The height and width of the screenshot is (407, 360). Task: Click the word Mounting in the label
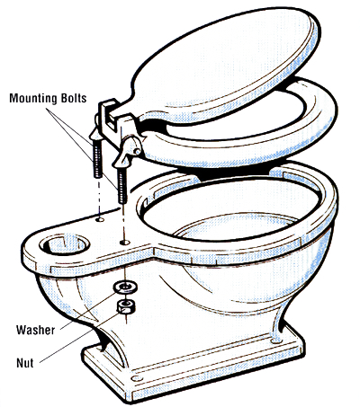click(32, 98)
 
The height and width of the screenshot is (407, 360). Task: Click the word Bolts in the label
click(73, 98)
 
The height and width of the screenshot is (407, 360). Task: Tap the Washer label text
click(36, 330)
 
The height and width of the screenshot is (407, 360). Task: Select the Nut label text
click(25, 363)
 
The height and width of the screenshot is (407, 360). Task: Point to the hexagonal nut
click(125, 306)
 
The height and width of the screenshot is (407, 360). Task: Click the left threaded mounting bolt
click(97, 158)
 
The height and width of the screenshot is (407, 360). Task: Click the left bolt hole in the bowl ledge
click(100, 220)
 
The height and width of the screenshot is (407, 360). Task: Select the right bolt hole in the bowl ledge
click(124, 242)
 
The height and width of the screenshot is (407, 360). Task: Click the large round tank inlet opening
click(64, 243)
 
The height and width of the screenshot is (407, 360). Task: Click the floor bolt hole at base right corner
click(275, 341)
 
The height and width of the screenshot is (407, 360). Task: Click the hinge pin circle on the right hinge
click(137, 151)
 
